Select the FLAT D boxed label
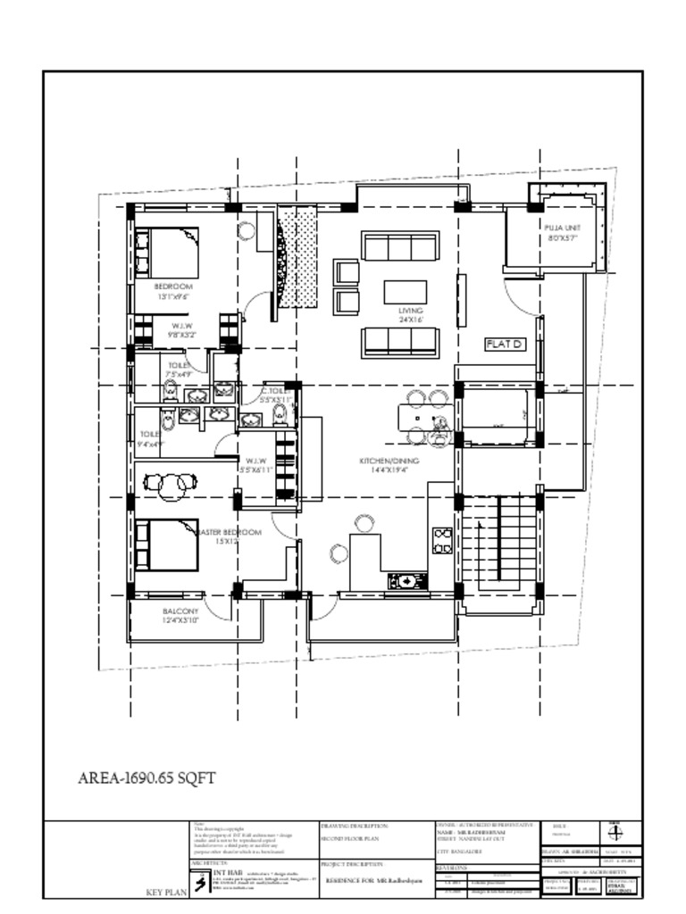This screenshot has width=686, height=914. [x=505, y=344]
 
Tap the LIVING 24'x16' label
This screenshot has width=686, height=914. [x=410, y=313]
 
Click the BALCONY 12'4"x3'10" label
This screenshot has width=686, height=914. [x=180, y=615]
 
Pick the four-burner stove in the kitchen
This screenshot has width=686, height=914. [x=442, y=540]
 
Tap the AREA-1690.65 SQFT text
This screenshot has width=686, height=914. [x=147, y=778]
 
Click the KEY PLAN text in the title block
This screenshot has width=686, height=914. [x=164, y=892]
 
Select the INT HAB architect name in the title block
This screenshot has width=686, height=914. [x=224, y=872]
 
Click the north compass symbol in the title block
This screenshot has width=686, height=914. [x=614, y=832]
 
